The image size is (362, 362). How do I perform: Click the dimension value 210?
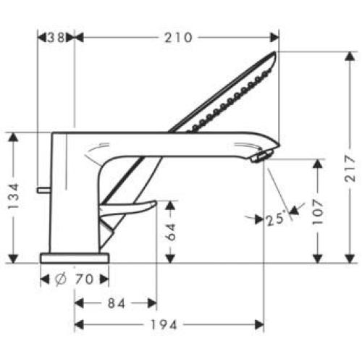[x=177, y=38]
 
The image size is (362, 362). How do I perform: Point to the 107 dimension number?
[x=317, y=210]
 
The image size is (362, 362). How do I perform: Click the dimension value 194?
[x=169, y=325]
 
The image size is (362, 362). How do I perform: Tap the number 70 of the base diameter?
[x=83, y=278]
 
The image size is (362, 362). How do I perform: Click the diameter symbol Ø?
[x=61, y=278]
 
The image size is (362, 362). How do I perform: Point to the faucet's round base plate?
[x=74, y=257]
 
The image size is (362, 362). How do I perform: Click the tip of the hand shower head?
[x=275, y=56]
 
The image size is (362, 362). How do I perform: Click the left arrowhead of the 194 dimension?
[x=78, y=325]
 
